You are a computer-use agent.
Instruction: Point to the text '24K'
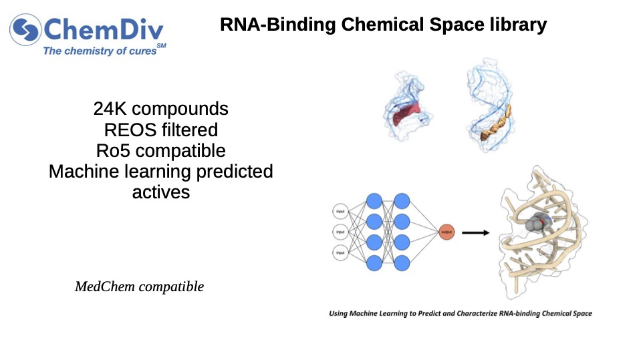pyautogui.click(x=112, y=108)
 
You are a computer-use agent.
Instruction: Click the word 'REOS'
pyautogui.click(x=128, y=129)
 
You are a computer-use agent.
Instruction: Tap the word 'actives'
pyautogui.click(x=160, y=192)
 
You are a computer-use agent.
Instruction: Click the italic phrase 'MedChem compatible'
pyautogui.click(x=139, y=287)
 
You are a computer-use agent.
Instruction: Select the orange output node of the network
pyautogui.click(x=446, y=232)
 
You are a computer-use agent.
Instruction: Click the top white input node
pyautogui.click(x=340, y=212)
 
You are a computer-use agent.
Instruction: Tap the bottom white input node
pyautogui.click(x=340, y=252)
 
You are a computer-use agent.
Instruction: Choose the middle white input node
pyautogui.click(x=340, y=232)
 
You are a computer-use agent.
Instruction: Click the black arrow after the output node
pyautogui.click(x=475, y=232)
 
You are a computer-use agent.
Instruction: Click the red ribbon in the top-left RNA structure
pyautogui.click(x=406, y=114)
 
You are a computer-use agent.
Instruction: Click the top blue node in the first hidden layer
pyautogui.click(x=374, y=200)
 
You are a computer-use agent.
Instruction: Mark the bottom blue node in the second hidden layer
pyautogui.click(x=402, y=263)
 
